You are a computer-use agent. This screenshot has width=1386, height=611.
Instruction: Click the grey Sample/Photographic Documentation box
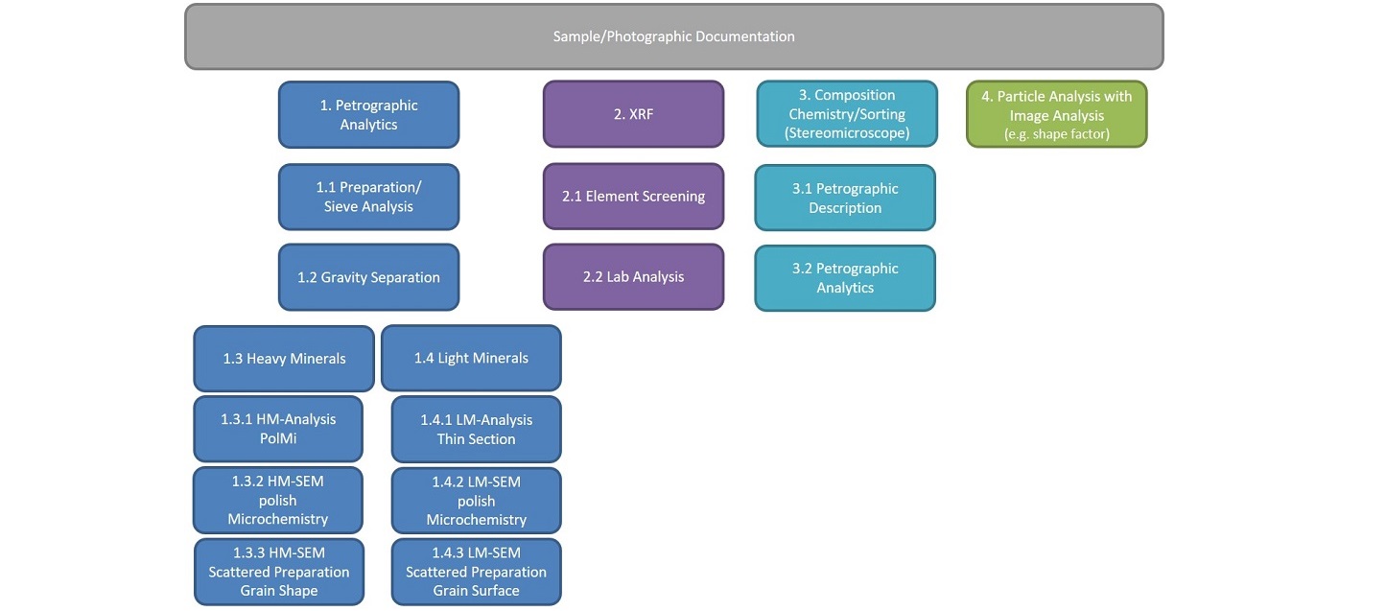(x=674, y=36)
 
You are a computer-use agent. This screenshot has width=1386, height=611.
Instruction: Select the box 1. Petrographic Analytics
(x=368, y=114)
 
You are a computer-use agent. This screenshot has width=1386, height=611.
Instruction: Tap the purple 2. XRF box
(x=634, y=114)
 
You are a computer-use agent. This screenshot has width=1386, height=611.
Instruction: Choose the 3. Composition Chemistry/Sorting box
(x=847, y=114)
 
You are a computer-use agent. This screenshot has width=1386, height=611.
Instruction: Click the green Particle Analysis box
(x=1057, y=114)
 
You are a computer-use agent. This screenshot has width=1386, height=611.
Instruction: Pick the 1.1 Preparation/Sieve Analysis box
(x=368, y=197)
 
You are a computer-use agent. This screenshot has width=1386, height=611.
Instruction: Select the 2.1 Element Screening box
(x=634, y=197)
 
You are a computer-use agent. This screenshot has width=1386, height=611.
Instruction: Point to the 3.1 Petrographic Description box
(x=845, y=198)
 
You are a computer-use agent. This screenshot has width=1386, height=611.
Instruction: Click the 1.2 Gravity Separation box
(x=368, y=277)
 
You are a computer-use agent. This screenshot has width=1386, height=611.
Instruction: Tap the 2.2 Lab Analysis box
(x=634, y=276)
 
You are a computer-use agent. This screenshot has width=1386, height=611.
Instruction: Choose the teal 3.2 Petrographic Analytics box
(x=845, y=278)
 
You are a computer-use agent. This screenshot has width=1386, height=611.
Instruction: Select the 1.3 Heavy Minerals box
(x=284, y=359)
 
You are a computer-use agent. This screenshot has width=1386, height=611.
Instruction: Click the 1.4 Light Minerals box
(x=472, y=358)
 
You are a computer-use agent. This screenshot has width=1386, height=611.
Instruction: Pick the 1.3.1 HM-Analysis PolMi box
(x=278, y=429)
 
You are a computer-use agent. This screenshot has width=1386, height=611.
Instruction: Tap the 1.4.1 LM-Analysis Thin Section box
(x=477, y=429)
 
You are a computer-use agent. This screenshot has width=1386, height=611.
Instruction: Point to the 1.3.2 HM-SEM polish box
(x=278, y=500)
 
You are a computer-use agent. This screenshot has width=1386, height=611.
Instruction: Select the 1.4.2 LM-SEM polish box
(x=477, y=500)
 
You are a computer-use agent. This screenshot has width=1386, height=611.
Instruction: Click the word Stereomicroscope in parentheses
(x=847, y=133)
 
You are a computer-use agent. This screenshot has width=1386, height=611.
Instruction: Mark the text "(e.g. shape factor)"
(x=1057, y=133)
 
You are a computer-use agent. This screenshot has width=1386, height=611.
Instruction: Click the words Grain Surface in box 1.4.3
(x=477, y=591)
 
